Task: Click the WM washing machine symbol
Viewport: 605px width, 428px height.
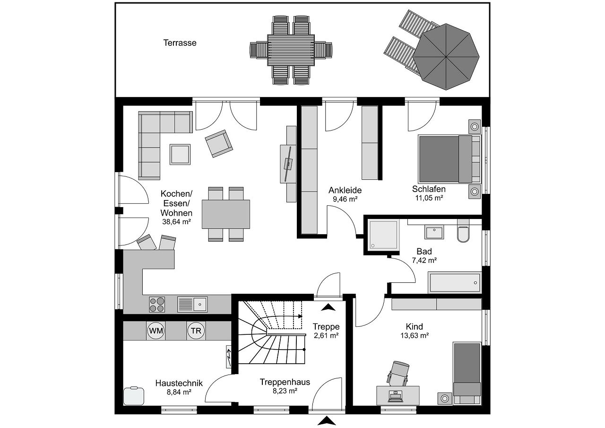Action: tap(156, 331)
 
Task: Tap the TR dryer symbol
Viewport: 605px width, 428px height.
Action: tap(196, 331)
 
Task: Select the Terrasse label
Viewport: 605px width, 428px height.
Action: tap(180, 43)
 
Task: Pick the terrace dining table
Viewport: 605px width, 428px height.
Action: tap(291, 50)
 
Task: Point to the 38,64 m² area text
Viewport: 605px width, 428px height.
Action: tap(176, 221)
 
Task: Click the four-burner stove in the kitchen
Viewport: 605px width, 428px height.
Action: tap(157, 304)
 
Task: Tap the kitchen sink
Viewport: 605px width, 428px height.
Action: tap(192, 304)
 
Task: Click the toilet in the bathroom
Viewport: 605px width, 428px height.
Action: tap(463, 234)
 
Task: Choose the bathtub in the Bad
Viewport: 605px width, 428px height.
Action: tap(454, 283)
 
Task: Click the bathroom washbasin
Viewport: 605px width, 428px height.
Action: tap(434, 232)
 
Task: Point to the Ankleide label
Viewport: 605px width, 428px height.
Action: tap(345, 190)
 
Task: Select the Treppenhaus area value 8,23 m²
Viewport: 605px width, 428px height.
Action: tap(285, 391)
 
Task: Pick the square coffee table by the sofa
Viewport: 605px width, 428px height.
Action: tap(180, 154)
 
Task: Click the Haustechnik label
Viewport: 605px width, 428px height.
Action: tap(179, 383)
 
